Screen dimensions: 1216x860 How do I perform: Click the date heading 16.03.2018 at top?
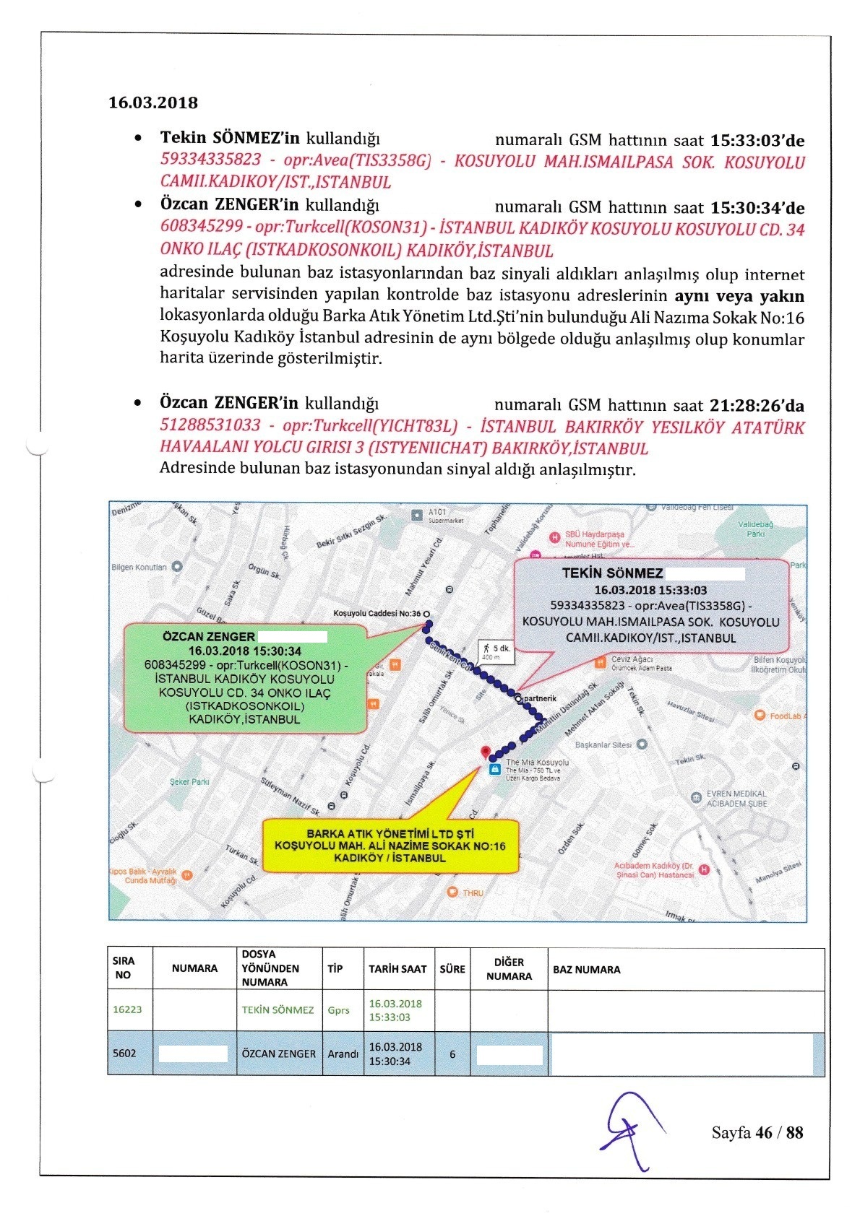[x=153, y=103]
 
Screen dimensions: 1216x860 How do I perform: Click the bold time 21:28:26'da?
[x=757, y=406]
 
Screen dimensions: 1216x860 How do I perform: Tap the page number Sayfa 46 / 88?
[x=757, y=1132]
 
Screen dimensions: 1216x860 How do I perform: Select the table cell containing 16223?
[x=128, y=1009]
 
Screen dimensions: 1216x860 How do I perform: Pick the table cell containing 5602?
[x=125, y=1054]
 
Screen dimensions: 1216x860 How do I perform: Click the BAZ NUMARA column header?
[x=587, y=970]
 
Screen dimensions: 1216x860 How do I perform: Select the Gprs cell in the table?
[x=339, y=1010]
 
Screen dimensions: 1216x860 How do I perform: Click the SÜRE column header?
[x=452, y=969]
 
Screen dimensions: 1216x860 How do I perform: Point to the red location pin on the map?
[x=486, y=752]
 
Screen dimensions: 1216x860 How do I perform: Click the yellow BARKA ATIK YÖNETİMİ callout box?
[x=390, y=846]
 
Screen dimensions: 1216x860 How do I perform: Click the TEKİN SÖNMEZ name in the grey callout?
[x=612, y=573]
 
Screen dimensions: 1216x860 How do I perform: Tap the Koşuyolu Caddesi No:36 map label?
[x=377, y=614]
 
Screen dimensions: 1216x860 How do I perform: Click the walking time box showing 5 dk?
[x=496, y=651]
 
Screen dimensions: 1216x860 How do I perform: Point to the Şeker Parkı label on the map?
[x=189, y=782]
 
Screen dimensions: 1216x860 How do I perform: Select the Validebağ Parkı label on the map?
[x=755, y=529]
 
